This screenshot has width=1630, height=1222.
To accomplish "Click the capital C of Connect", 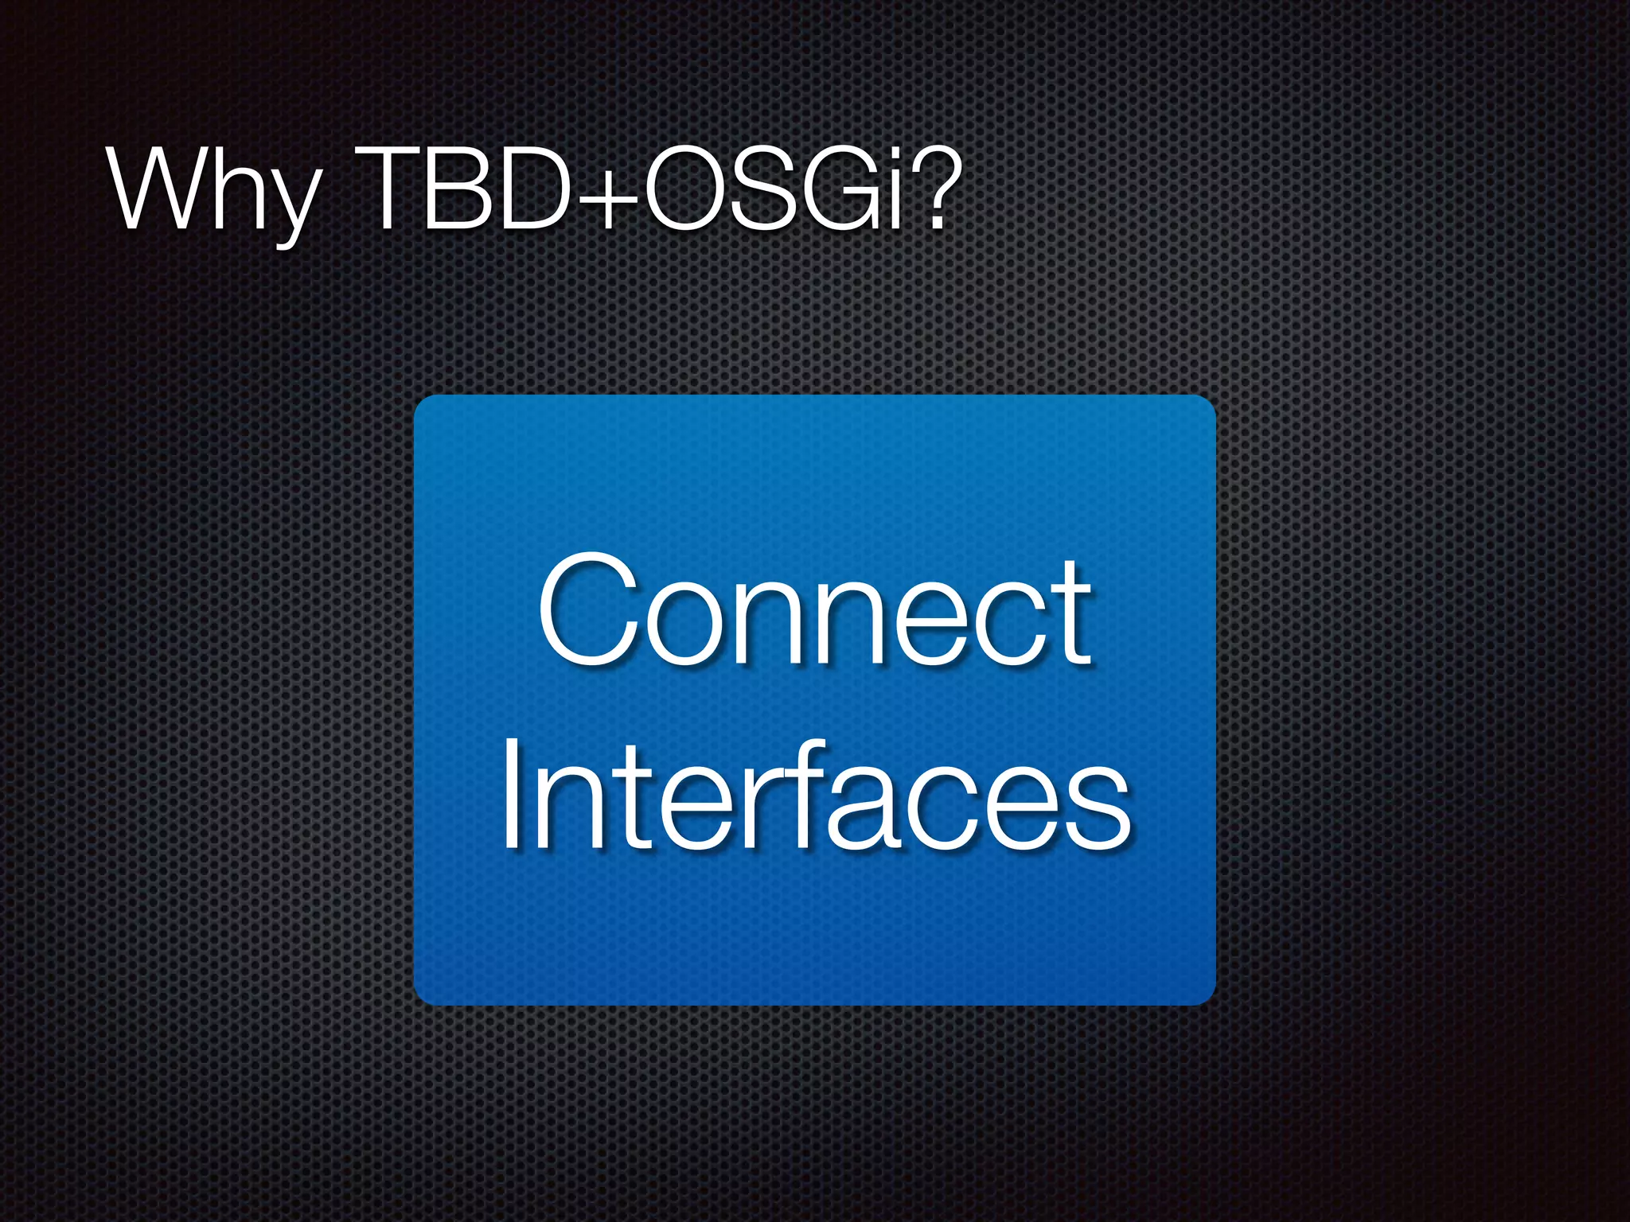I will (x=589, y=611).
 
